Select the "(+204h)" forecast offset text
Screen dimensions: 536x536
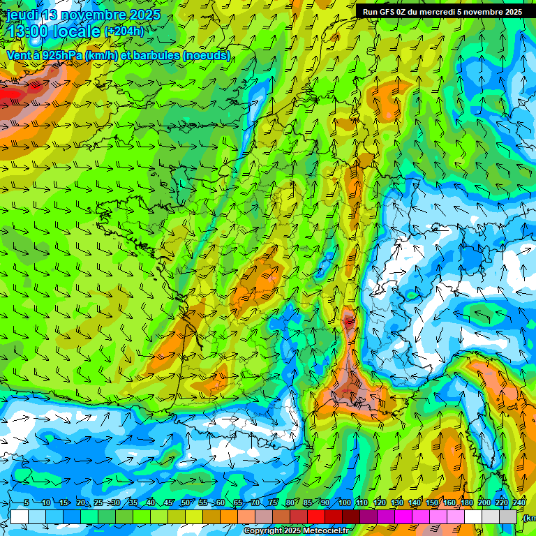pyautogui.click(x=124, y=31)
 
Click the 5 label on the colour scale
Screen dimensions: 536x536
pyautogui.click(x=26, y=503)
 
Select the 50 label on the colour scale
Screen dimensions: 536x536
pyautogui.click(x=185, y=503)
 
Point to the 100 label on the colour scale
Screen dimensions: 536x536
pyautogui.click(x=345, y=503)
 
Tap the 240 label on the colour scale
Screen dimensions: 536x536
pyautogui.click(x=519, y=503)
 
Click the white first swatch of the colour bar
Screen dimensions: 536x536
pyautogui.click(x=20, y=516)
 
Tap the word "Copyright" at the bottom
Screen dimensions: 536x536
pyautogui.click(x=263, y=531)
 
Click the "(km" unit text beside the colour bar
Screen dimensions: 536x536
pyautogui.click(x=530, y=518)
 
